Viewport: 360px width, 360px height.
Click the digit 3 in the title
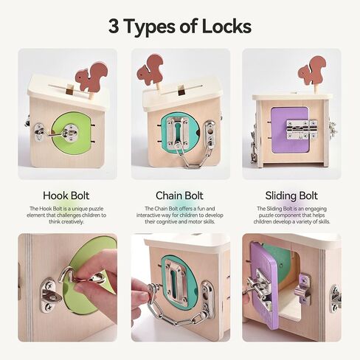114,26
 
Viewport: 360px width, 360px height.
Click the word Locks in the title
226,26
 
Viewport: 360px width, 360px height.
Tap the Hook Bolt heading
66,195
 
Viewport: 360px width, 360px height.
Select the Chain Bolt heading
179,195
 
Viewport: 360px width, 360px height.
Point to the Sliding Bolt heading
291,196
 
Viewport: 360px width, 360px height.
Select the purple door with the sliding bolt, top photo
290,130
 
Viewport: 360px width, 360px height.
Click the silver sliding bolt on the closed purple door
302,130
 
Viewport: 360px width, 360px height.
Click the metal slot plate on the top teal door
177,133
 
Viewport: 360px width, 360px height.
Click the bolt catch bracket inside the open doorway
302,288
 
